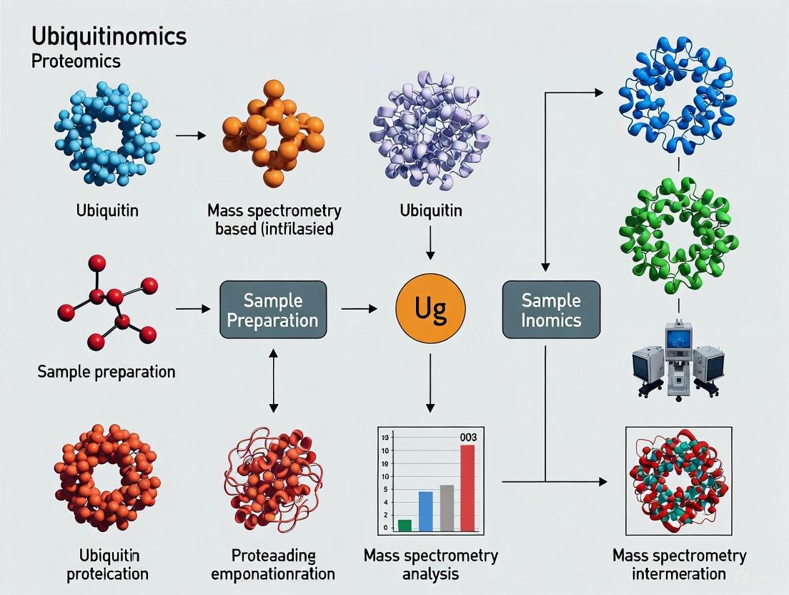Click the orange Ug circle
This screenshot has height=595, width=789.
430,309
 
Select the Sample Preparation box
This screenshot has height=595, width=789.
273,310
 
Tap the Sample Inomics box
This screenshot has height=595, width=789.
551,310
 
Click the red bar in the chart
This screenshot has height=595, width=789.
467,488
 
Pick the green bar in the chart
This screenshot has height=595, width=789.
405,525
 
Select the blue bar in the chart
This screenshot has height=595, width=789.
425,511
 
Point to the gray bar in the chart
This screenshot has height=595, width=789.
447,508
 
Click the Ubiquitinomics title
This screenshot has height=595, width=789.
109,36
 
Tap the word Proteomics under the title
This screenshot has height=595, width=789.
76,62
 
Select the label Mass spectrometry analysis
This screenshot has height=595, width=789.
430,565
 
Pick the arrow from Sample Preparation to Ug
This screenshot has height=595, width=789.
359,309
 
